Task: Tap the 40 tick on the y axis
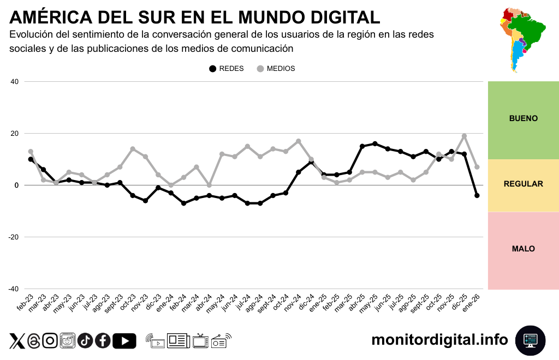pyautogui.click(x=14, y=82)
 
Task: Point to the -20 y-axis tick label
pyautogui.click(x=13, y=237)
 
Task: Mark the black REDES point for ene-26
pyautogui.click(x=477, y=195)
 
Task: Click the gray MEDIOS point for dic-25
pyautogui.click(x=464, y=136)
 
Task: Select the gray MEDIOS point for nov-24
pyautogui.click(x=298, y=141)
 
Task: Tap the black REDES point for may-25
pyautogui.click(x=374, y=144)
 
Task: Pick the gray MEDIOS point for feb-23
pyautogui.click(x=31, y=152)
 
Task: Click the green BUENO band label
pyautogui.click(x=523, y=118)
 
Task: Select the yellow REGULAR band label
pyautogui.click(x=523, y=184)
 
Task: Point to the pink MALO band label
pyautogui.click(x=523, y=249)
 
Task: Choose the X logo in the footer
pyautogui.click(x=17, y=341)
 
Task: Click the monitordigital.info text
pyautogui.click(x=439, y=340)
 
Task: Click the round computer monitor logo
pyautogui.click(x=530, y=340)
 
